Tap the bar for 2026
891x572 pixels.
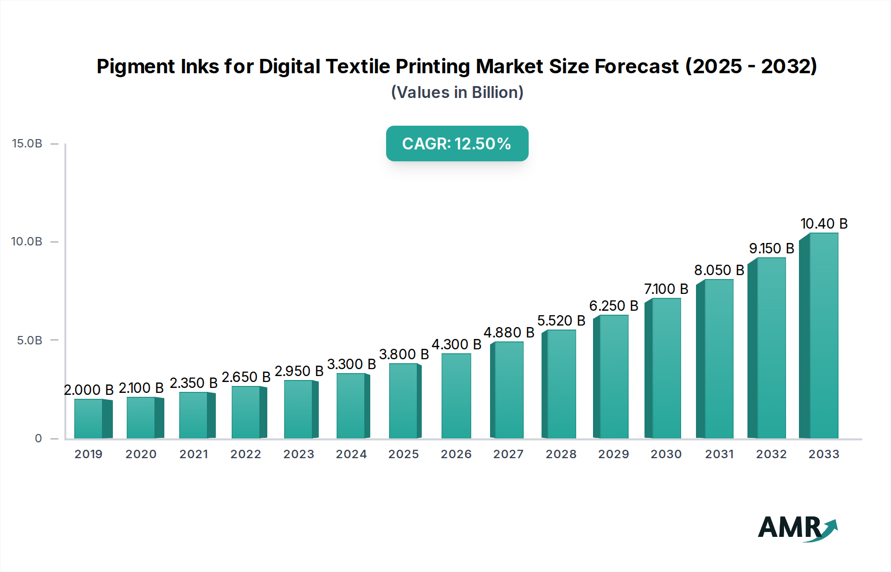(x=456, y=396)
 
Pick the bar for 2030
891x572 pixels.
(x=666, y=369)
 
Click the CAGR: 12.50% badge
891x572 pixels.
(x=457, y=143)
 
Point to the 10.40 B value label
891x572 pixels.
(x=824, y=224)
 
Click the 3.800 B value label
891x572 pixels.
(x=404, y=354)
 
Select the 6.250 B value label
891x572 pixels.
(x=613, y=306)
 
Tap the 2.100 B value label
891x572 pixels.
(x=141, y=388)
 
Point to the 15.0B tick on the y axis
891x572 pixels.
(x=27, y=143)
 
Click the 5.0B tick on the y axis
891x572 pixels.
(x=30, y=340)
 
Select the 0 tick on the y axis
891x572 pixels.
(x=39, y=438)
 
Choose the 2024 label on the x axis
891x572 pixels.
(x=351, y=454)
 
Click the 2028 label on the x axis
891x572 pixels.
(x=561, y=454)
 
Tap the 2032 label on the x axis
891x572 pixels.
(x=771, y=454)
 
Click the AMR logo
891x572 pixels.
(x=797, y=528)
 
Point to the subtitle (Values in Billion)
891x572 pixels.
(x=457, y=93)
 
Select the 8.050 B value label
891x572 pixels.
(x=719, y=270)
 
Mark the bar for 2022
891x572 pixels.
(x=246, y=412)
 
